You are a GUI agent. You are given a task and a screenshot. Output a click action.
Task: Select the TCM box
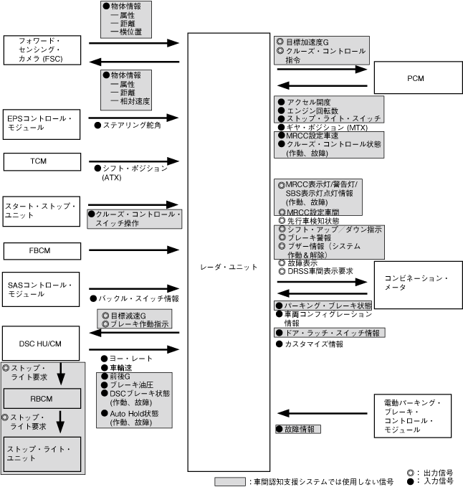[39, 161]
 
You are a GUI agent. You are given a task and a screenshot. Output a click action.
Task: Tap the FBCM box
[39, 250]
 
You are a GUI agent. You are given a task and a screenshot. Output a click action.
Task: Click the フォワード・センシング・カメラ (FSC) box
[41, 51]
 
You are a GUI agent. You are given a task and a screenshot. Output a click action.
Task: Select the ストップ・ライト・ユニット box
[42, 453]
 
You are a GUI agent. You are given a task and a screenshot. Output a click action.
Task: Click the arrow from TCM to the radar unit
[133, 161]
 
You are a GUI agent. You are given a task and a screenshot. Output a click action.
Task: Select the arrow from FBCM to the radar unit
[133, 250]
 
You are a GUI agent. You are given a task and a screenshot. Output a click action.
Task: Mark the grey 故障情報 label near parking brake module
[298, 429]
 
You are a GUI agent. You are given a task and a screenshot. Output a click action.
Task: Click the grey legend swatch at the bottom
[231, 481]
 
